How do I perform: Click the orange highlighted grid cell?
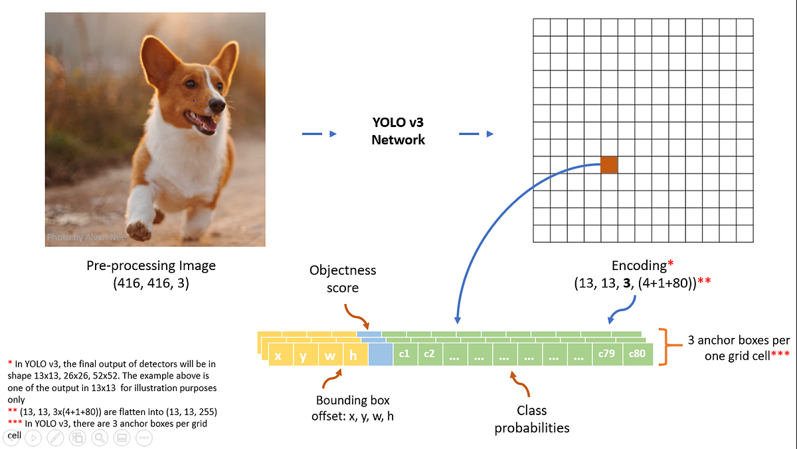point(609,165)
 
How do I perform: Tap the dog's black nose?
point(217,104)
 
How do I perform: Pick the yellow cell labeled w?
point(330,355)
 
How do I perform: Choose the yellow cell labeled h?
point(354,355)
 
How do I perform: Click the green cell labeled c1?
point(404,354)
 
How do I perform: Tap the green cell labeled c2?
point(430,354)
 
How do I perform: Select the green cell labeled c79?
point(606,354)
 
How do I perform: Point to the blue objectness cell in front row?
point(380,354)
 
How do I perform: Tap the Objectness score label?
point(343,279)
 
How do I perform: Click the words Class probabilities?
point(531,419)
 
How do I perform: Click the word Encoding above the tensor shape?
point(638,265)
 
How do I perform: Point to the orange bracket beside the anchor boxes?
point(664,346)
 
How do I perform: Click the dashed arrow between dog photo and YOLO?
point(319,134)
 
